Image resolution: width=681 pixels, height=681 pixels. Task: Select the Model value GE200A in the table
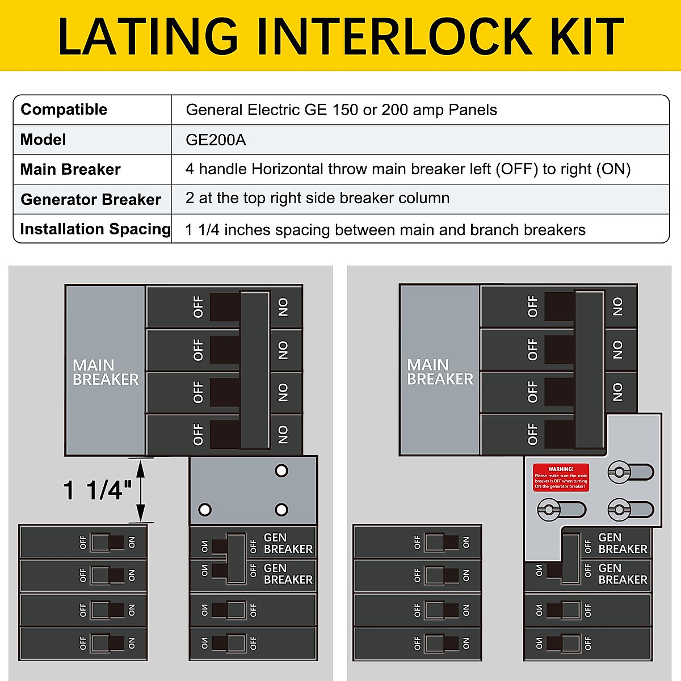[x=216, y=140]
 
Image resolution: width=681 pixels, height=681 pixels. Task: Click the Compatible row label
[x=64, y=110]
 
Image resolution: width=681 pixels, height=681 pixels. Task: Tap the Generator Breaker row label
[x=91, y=200]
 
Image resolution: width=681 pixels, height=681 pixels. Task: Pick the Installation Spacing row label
[x=95, y=229]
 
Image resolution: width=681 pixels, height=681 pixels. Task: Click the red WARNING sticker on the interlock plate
[x=561, y=477]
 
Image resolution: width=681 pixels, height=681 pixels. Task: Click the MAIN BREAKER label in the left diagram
[x=105, y=372]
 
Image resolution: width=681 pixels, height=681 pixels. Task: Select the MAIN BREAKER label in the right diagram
[x=439, y=372]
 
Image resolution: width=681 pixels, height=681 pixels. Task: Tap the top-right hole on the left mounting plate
[x=281, y=470]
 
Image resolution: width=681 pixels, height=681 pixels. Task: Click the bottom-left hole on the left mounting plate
[x=205, y=510]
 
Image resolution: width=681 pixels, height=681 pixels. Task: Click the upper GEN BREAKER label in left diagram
[x=288, y=543]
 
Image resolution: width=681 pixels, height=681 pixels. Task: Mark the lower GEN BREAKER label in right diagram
[x=622, y=574]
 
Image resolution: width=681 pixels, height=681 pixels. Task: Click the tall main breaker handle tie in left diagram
[x=254, y=370]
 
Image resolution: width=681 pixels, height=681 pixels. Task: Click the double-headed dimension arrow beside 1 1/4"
[x=140, y=490]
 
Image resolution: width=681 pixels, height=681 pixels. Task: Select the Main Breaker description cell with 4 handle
[x=407, y=169]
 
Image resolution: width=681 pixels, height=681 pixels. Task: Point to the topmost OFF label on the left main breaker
[x=198, y=307]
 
